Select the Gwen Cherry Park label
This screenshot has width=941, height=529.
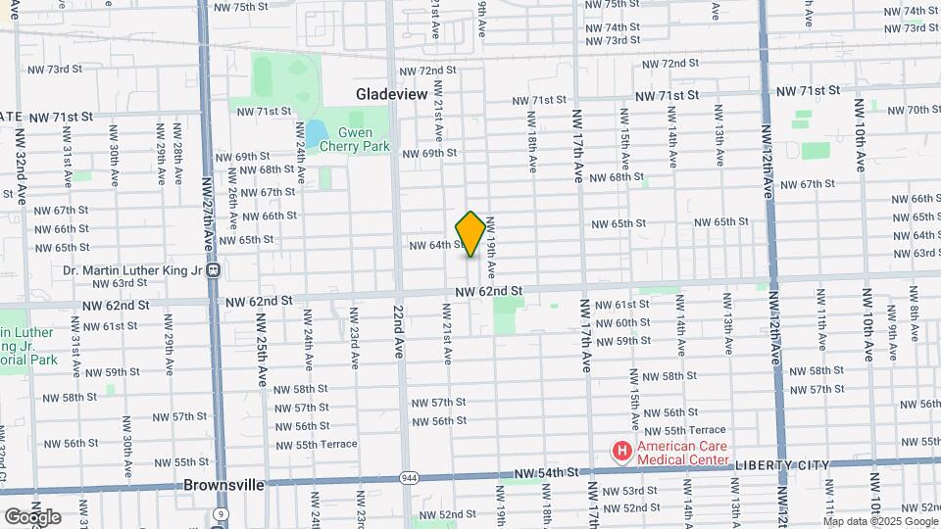(x=364, y=139)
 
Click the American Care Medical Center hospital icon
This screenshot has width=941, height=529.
(x=620, y=452)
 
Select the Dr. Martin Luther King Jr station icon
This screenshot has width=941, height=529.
(x=213, y=271)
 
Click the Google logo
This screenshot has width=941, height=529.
(x=31, y=516)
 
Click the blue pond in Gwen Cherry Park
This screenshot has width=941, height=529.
(x=316, y=134)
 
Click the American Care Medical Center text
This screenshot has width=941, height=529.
(x=683, y=453)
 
